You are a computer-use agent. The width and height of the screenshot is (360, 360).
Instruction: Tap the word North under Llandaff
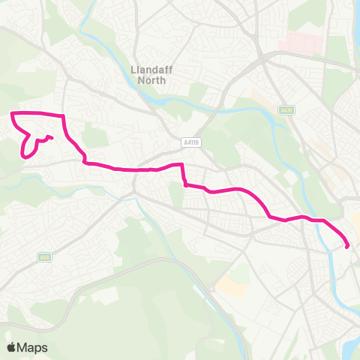[x=152, y=79]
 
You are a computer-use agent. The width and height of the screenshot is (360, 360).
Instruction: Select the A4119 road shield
[x=191, y=140]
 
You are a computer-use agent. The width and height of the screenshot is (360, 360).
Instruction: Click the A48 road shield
[x=44, y=257]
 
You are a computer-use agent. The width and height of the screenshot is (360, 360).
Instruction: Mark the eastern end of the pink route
[x=347, y=246]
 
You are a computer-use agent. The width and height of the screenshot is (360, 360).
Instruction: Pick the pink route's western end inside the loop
[x=50, y=137]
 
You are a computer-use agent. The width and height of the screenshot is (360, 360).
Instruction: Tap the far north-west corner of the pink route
[x=12, y=113]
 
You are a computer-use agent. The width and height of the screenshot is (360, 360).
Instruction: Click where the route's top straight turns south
[x=64, y=116]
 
